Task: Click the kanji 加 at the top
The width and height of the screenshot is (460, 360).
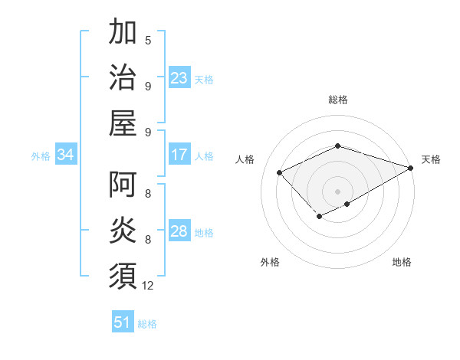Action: pos(123,34)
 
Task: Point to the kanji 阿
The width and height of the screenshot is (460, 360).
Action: pos(123,185)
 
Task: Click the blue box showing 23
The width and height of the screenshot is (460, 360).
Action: pos(179,78)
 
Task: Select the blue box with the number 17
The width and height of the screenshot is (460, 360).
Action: pos(179,155)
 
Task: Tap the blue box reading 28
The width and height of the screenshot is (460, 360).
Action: pos(179,232)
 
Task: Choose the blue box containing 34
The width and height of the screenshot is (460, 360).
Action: pos(66,155)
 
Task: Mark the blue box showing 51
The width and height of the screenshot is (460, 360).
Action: pos(123,322)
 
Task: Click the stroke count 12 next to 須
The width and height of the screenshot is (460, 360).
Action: pos(148,286)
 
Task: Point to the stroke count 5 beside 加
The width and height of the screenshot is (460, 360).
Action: pos(148,40)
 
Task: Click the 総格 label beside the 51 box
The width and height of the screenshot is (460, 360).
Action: pos(147,324)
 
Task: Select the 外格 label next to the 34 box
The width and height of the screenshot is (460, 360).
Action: pos(41,156)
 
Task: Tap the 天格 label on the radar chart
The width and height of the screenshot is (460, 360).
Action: pos(431,159)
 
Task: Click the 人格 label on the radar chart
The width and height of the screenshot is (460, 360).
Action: pos(245,159)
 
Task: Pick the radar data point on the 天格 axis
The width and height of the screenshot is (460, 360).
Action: pos(411,166)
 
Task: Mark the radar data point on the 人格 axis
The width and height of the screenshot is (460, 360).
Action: pos(280,172)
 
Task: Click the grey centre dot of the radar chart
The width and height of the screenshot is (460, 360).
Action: pos(337,191)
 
